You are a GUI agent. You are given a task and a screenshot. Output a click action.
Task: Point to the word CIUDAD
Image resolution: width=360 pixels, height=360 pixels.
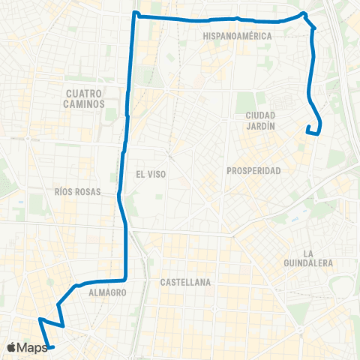(x=261, y=115)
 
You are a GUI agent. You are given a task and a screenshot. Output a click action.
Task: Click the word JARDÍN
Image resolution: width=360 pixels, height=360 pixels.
(x=261, y=127)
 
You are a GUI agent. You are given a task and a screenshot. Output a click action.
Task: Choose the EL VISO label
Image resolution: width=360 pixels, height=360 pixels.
(x=151, y=173)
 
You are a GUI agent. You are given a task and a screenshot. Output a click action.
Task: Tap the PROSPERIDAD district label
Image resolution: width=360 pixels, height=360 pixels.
(x=253, y=171)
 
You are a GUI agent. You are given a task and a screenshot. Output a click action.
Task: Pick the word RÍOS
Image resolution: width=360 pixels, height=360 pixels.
(x=66, y=191)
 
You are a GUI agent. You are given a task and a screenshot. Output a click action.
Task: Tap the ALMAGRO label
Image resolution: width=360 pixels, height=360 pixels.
(x=106, y=292)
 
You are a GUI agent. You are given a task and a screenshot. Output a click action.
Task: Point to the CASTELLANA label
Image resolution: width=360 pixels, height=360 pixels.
(x=185, y=283)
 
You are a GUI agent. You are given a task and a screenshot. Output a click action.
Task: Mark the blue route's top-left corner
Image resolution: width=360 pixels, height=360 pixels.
(x=134, y=13)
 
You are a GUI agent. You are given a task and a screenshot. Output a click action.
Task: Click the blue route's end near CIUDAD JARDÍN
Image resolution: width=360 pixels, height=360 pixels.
(x=307, y=131)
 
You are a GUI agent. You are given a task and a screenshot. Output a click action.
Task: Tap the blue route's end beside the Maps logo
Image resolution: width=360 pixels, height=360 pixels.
(x=52, y=346)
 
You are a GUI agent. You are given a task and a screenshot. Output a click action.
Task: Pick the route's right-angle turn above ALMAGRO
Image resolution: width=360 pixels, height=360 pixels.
(x=123, y=280)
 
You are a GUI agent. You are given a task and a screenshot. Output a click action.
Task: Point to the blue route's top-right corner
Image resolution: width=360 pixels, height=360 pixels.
(x=304, y=14)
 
